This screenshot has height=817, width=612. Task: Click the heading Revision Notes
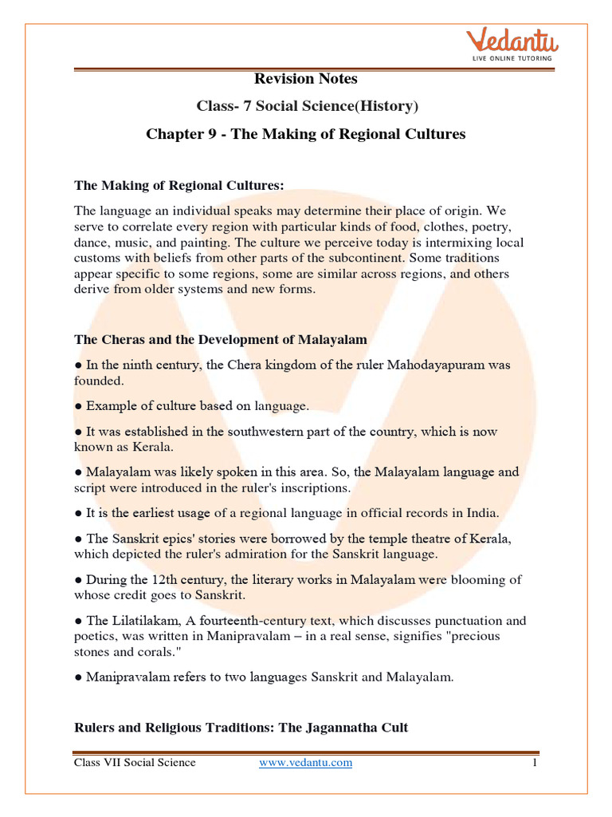pos(306,78)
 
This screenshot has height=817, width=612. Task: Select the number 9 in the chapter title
pos(208,134)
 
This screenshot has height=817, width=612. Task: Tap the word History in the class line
pos(386,106)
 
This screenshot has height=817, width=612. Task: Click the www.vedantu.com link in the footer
pos(306,763)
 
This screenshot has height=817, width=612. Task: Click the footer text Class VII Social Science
pos(135,763)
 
